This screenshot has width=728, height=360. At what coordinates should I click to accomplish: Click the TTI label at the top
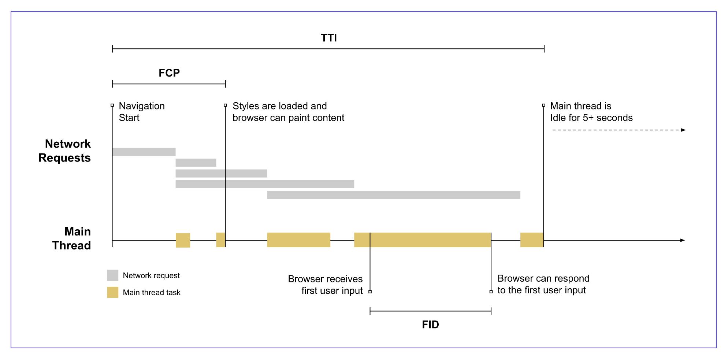click(328, 38)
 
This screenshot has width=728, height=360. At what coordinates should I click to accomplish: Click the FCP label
click(169, 73)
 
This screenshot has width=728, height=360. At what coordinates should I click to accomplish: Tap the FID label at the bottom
click(430, 324)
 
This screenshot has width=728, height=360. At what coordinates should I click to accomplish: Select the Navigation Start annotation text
click(141, 112)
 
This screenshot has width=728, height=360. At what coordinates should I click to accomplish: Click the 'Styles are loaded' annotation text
click(288, 112)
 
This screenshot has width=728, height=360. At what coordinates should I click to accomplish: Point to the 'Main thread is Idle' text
click(591, 112)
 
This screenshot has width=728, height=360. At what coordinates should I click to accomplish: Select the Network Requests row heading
click(65, 151)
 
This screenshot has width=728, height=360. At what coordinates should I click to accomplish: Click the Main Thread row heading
click(71, 238)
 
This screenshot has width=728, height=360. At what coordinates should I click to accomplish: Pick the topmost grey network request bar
click(144, 152)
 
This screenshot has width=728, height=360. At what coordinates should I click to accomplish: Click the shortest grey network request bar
click(196, 163)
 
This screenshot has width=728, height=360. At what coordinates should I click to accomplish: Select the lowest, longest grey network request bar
click(393, 195)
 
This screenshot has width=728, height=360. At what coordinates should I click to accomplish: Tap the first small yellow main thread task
click(183, 240)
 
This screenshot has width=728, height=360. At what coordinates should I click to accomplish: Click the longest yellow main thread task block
click(422, 240)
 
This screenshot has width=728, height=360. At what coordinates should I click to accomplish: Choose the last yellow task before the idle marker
click(531, 240)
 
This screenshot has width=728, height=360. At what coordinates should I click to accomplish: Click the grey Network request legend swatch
click(112, 275)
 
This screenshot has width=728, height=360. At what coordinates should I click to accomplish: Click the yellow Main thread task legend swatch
click(112, 292)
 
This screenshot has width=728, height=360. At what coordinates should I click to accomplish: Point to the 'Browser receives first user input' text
click(325, 285)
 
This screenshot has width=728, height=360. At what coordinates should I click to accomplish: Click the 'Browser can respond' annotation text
click(543, 284)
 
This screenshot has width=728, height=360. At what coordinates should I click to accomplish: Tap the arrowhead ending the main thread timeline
click(682, 240)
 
